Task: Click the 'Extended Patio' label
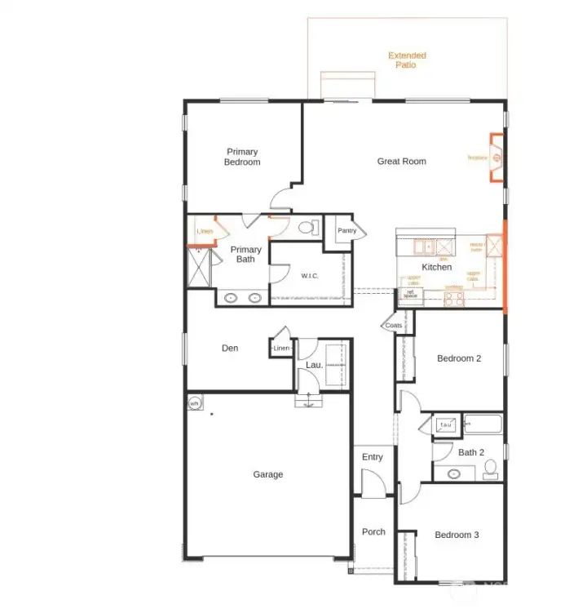(x=407, y=60)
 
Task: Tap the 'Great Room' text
(x=401, y=162)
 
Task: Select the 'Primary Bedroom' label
(x=242, y=157)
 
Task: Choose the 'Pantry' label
(x=347, y=231)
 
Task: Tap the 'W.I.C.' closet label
(x=309, y=276)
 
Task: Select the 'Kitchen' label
(x=436, y=267)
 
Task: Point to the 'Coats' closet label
(x=394, y=326)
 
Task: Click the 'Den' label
(x=230, y=349)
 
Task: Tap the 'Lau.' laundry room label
(x=315, y=365)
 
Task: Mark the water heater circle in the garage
(x=195, y=404)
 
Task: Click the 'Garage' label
(x=267, y=474)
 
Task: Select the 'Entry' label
(x=372, y=457)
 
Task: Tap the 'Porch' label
(x=373, y=532)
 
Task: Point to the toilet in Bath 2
(x=490, y=468)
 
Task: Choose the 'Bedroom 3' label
(x=457, y=535)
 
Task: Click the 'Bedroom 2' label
(x=459, y=358)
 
